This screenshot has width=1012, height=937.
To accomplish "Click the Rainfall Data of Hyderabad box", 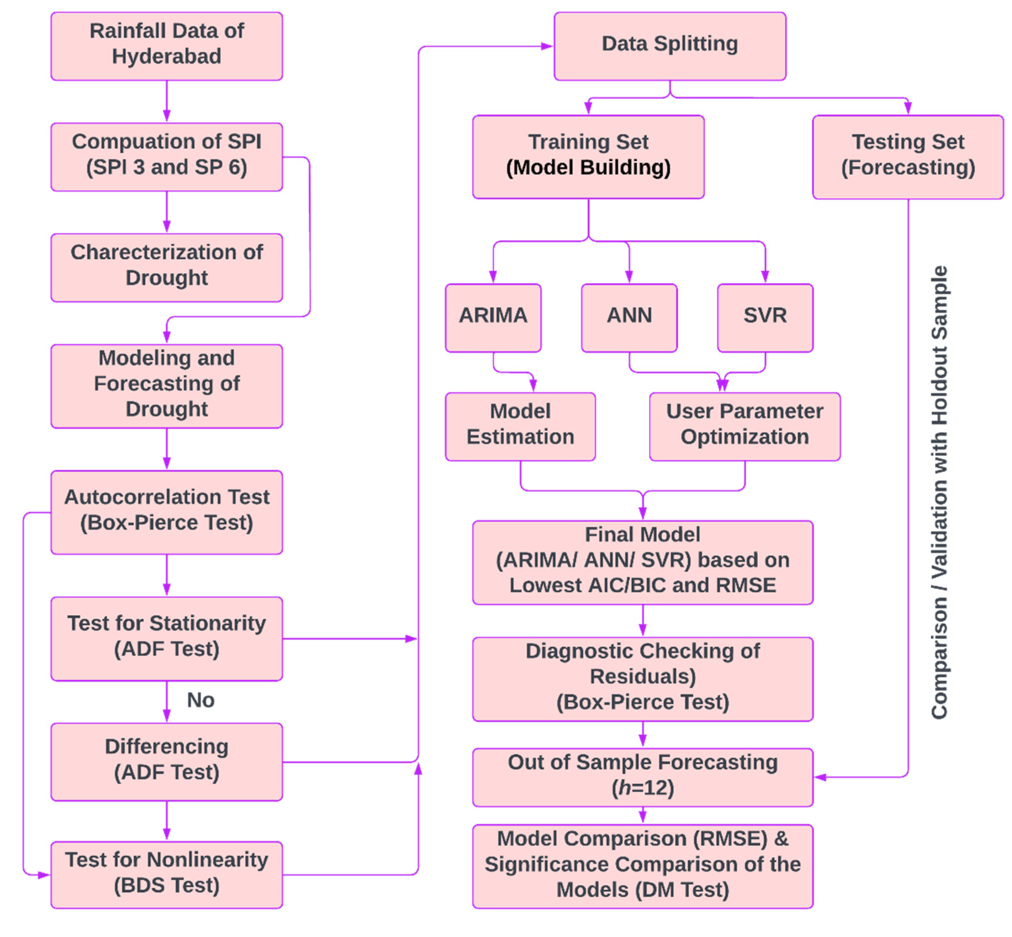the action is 166,46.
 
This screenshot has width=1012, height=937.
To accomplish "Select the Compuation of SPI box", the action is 166,157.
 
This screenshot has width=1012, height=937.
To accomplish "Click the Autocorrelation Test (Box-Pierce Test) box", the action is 166,512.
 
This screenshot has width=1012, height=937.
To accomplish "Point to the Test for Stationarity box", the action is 166,638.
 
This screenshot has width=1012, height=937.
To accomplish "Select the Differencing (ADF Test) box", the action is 166,761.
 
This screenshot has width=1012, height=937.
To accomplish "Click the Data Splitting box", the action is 670,46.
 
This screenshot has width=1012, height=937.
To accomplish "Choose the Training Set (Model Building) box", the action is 588,157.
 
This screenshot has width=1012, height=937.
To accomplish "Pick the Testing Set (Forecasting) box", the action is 908,157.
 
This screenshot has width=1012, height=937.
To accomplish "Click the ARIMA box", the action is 493,318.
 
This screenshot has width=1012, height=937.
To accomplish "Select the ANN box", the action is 629,318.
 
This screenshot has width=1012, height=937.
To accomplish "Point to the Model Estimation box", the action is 520,427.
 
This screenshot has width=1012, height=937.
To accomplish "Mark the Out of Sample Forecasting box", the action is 643,777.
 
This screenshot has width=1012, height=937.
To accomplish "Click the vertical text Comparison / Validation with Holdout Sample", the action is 939,492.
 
